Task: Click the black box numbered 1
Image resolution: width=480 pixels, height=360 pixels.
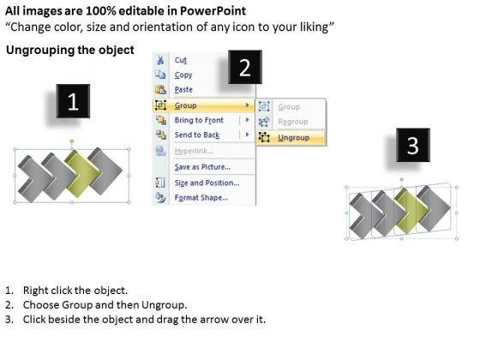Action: click(x=73, y=101)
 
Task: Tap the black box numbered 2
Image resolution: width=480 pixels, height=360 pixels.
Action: click(x=245, y=67)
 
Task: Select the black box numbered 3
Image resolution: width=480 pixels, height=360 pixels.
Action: click(x=413, y=145)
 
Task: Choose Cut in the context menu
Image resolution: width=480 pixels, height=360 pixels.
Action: click(x=181, y=60)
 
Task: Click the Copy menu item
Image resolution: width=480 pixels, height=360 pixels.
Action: click(x=183, y=75)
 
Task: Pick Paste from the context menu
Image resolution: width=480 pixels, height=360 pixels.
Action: click(x=183, y=90)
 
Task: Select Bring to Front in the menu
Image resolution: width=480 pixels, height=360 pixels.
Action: click(x=199, y=120)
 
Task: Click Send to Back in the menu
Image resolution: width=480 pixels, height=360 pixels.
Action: click(x=197, y=135)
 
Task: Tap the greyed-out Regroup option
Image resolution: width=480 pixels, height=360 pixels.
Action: click(x=293, y=122)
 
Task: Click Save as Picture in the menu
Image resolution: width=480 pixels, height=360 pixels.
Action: click(x=202, y=167)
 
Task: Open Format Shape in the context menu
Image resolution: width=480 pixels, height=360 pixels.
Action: click(x=201, y=197)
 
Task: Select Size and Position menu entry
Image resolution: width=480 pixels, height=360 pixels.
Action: click(x=207, y=183)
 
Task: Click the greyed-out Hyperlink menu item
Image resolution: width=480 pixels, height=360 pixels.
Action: click(x=194, y=151)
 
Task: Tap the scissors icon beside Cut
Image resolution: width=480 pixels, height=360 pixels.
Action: click(x=160, y=60)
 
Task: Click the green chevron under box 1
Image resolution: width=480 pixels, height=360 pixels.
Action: click(x=82, y=175)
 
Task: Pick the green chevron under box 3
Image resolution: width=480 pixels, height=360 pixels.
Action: click(x=411, y=211)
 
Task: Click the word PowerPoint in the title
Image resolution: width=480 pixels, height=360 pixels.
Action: click(x=213, y=11)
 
